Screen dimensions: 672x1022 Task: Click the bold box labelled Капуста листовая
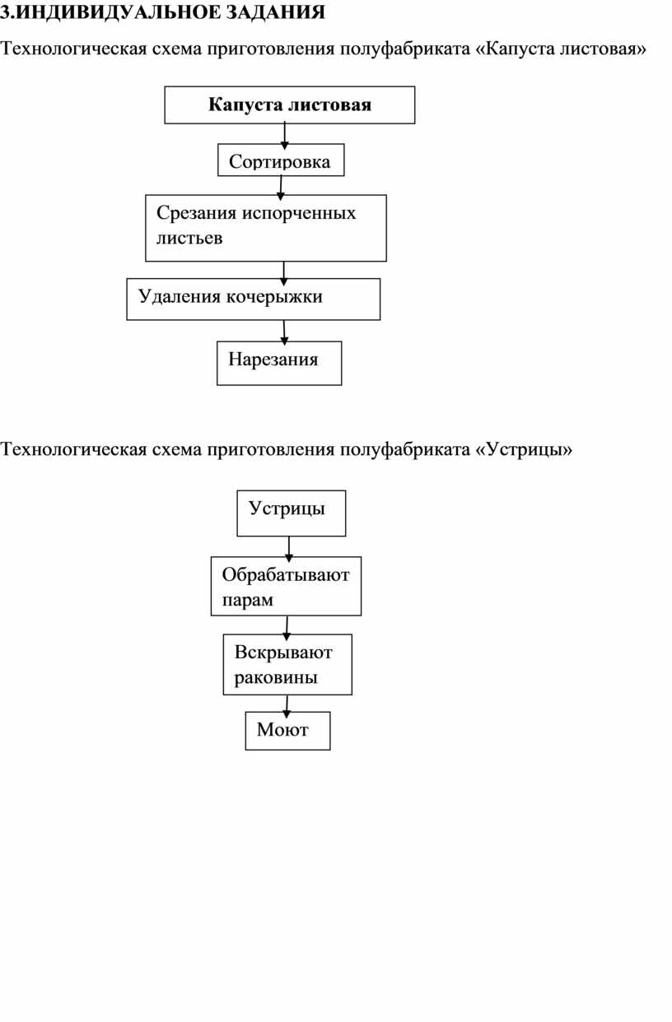click(x=289, y=105)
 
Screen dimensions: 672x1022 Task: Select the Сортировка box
click(x=281, y=160)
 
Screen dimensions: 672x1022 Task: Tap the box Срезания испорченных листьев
click(x=266, y=228)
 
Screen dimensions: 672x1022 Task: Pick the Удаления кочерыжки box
click(x=254, y=300)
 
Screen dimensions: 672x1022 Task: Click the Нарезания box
click(x=279, y=363)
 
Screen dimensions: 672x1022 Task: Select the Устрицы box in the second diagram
click(x=292, y=513)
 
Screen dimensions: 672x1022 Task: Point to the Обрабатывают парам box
click(x=286, y=586)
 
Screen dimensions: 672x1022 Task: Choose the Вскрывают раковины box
click(x=287, y=665)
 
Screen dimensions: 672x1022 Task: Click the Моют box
click(x=287, y=731)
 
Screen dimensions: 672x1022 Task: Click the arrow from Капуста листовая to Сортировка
click(x=284, y=135)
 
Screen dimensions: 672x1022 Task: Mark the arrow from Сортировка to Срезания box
click(x=281, y=188)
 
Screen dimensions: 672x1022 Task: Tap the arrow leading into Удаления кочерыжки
click(x=283, y=274)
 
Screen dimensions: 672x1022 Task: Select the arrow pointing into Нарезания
click(x=284, y=332)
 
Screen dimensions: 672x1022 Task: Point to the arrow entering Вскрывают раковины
click(x=287, y=628)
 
